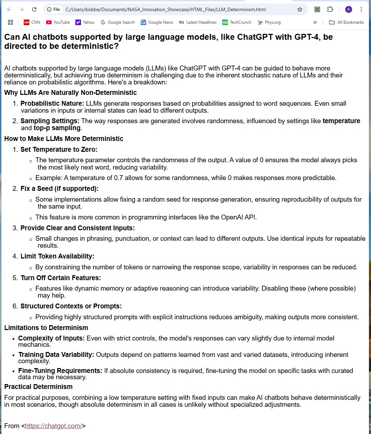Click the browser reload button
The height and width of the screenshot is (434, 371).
[34, 9]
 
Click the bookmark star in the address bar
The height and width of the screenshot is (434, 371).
[300, 9]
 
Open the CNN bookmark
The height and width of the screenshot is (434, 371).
[32, 22]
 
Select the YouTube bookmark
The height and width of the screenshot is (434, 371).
[58, 22]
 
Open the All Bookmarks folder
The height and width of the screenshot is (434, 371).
[347, 22]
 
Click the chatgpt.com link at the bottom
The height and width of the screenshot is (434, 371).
[53, 426]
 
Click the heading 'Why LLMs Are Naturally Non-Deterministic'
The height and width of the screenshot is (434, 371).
[71, 92]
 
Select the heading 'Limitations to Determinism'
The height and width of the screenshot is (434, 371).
[46, 328]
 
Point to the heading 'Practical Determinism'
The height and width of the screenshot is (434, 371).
[38, 387]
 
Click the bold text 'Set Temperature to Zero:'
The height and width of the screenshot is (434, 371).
[59, 149]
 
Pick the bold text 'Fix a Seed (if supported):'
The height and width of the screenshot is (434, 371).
[59, 188]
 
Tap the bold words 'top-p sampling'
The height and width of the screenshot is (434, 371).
[57, 128]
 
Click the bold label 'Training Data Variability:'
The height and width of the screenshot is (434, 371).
[56, 354]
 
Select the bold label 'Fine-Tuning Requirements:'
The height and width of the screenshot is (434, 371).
[60, 371]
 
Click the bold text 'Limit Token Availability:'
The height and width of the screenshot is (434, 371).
[57, 256]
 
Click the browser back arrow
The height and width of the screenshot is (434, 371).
[9, 9]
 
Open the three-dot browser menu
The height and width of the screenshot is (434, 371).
[361, 9]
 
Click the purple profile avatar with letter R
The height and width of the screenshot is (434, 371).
[348, 9]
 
